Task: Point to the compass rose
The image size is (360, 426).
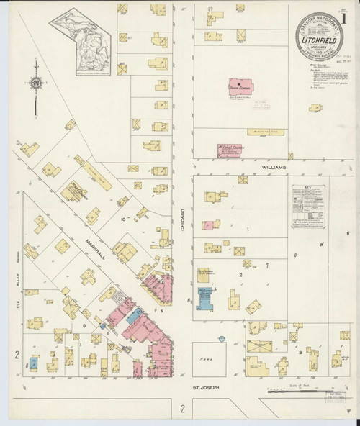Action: pyautogui.click(x=35, y=84)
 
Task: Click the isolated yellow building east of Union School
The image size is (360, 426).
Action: pyautogui.click(x=315, y=109)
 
